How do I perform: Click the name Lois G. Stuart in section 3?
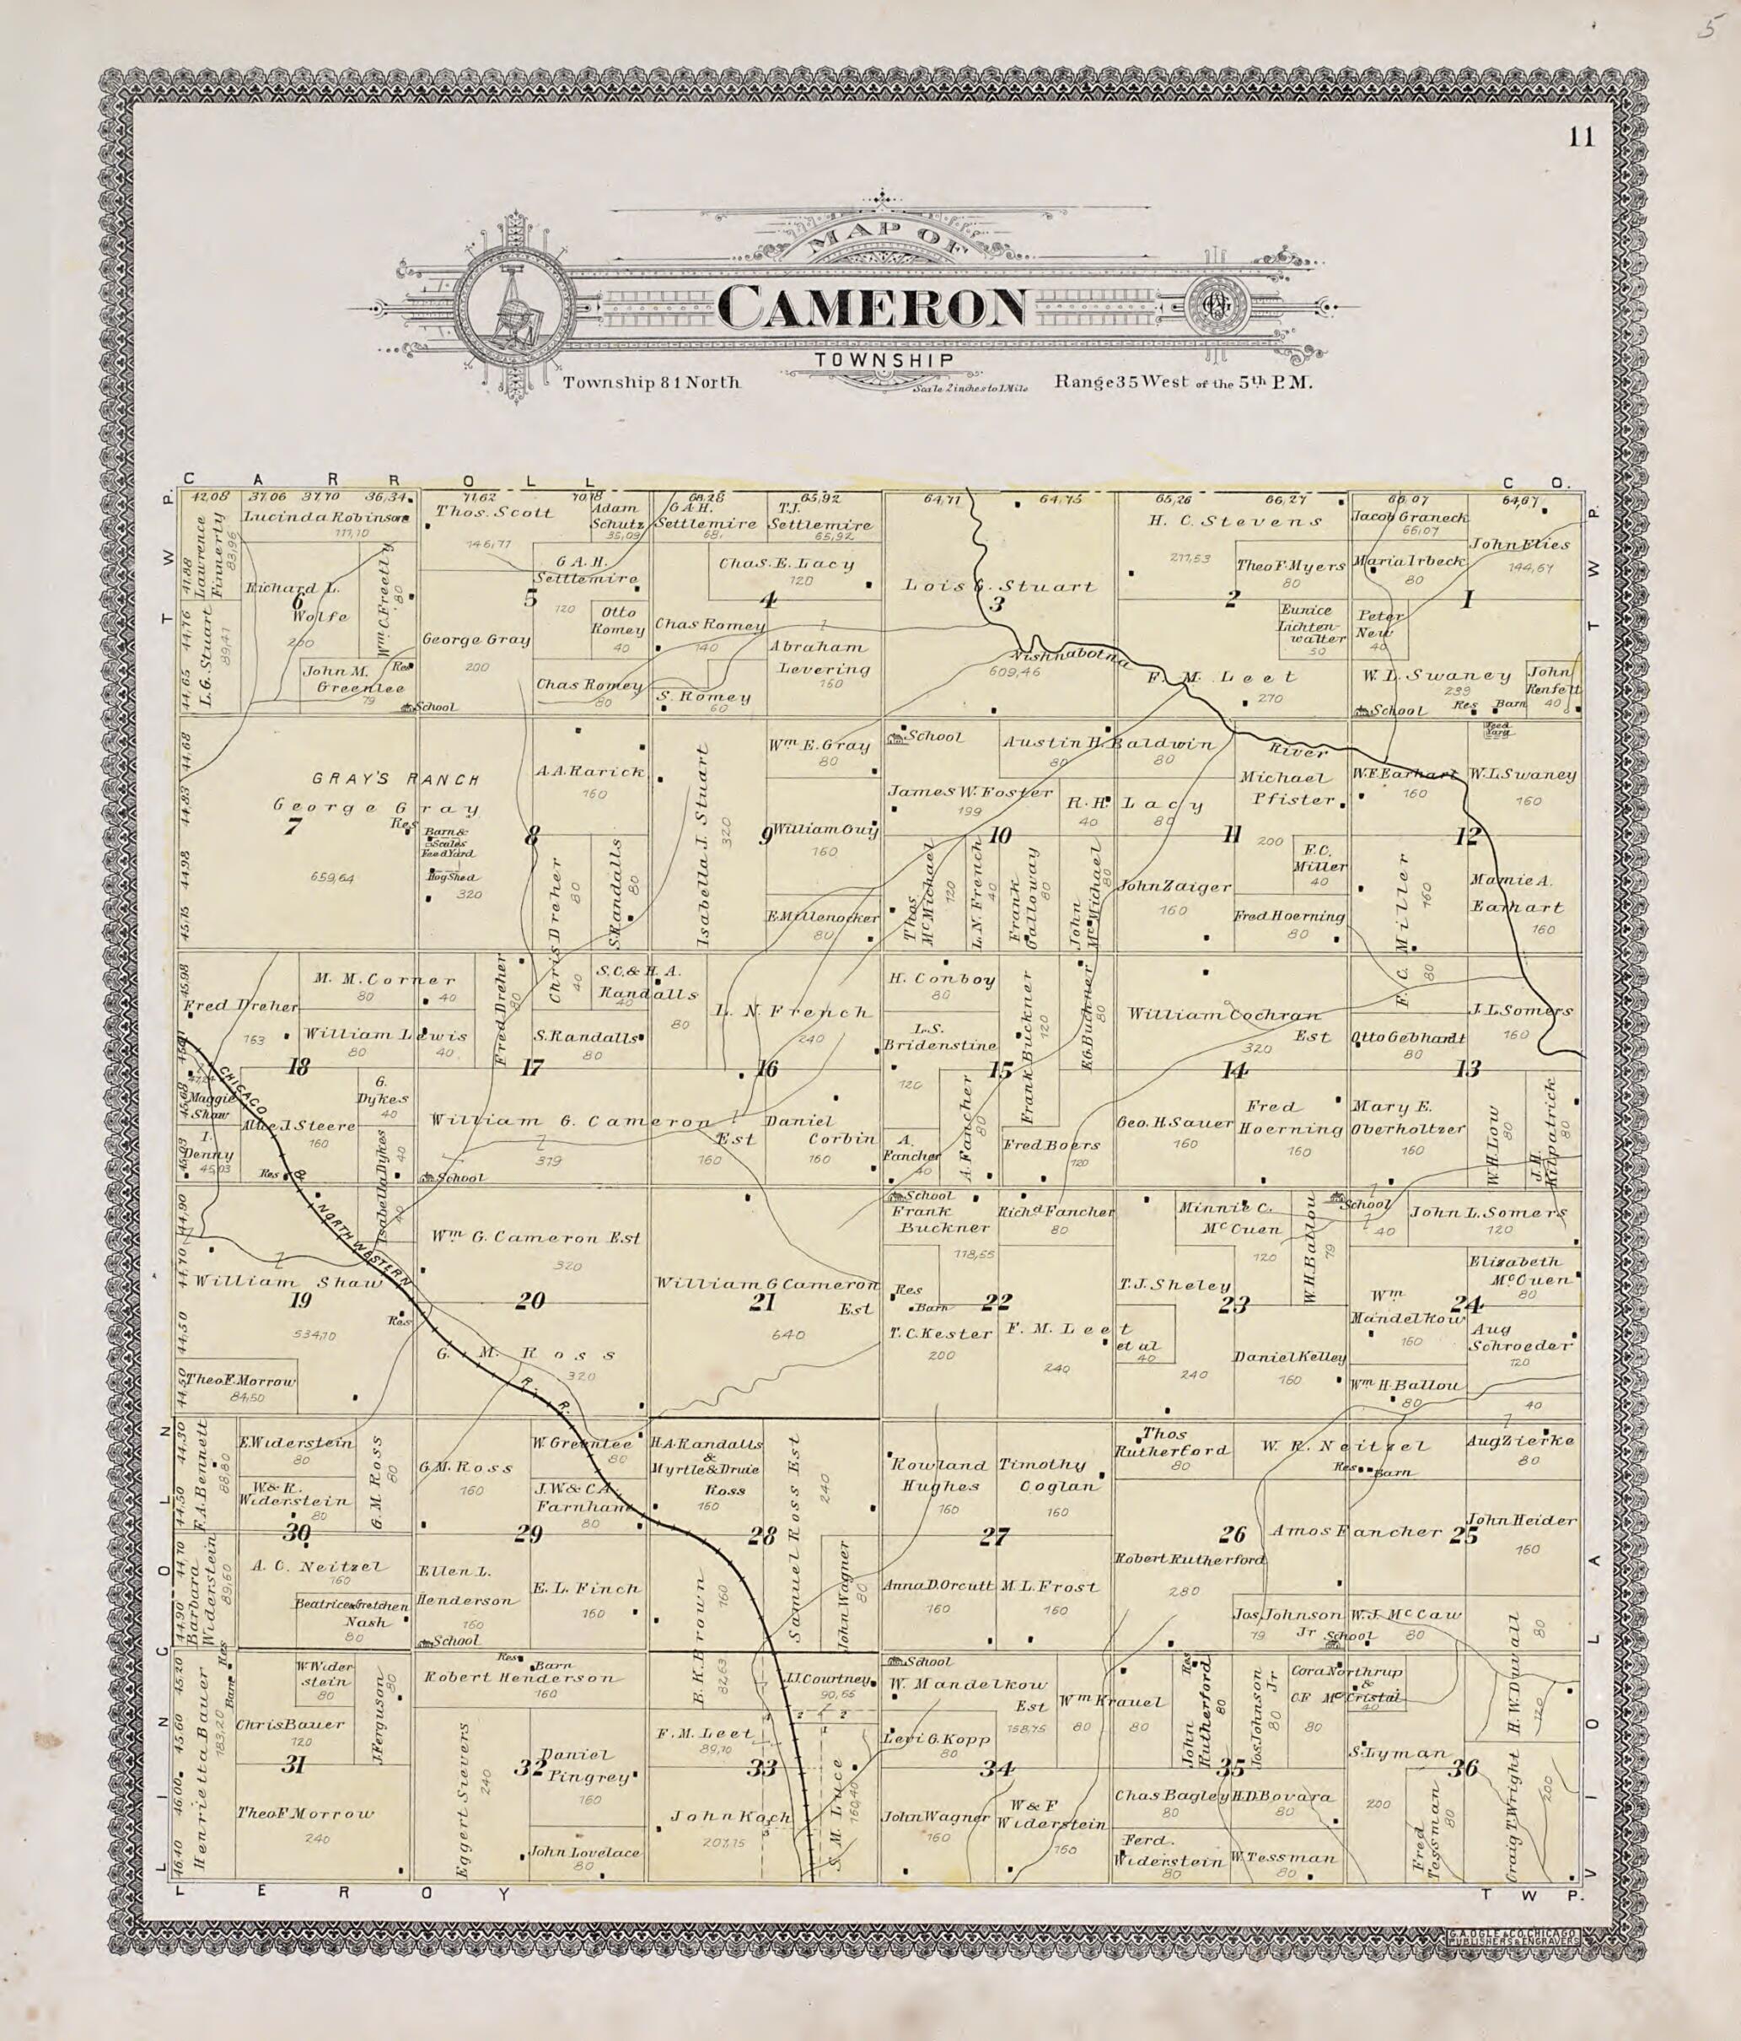pos(1000,586)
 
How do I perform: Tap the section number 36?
pos(1464,1768)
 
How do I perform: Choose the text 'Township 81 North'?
pos(651,382)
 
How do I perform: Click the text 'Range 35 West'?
pos(1123,381)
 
